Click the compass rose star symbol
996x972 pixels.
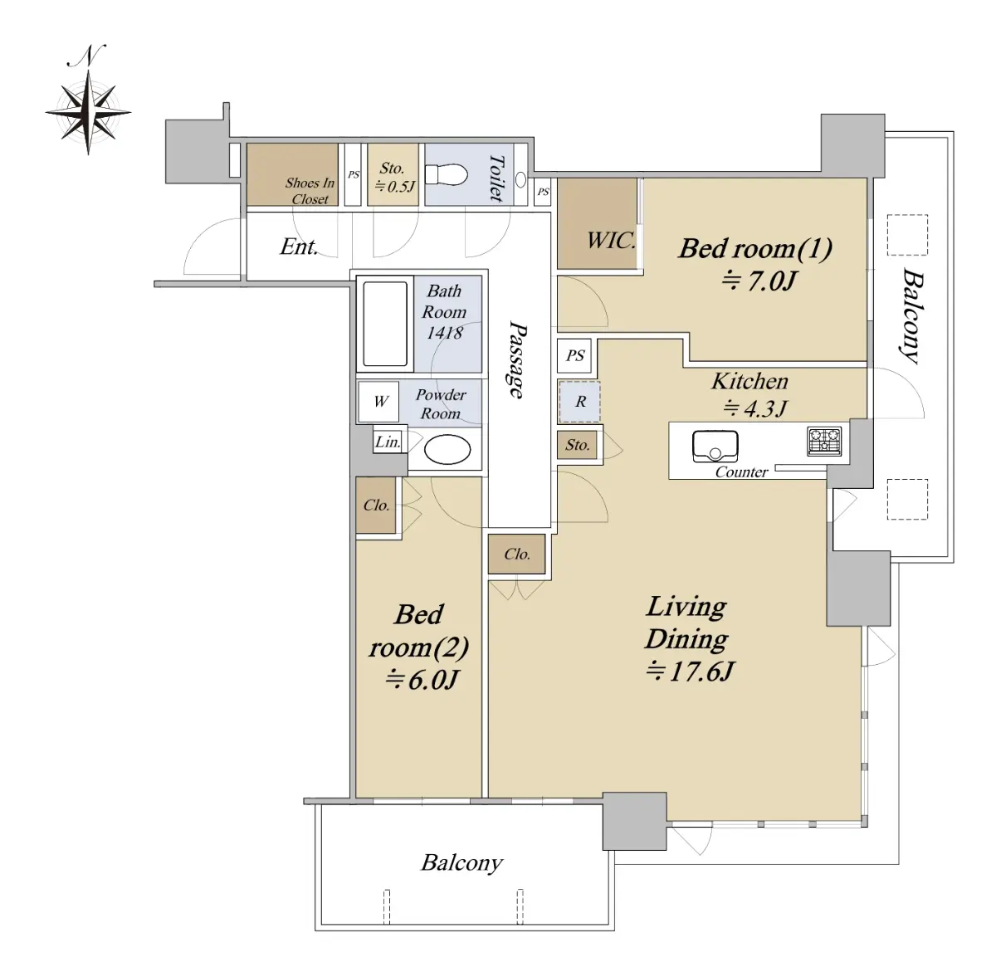[88, 112]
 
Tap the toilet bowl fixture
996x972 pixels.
[447, 175]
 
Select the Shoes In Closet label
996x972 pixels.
[310, 190]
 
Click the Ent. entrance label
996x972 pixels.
[299, 247]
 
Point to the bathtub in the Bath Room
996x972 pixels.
[385, 324]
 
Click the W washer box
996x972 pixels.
[378, 401]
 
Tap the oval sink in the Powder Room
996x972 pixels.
[448, 449]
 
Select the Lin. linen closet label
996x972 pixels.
[388, 442]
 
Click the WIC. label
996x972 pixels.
[611, 241]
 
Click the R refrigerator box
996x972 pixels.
[579, 402]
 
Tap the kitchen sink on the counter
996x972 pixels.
[715, 447]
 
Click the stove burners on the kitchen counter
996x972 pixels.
[824, 442]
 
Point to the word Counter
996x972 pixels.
[742, 472]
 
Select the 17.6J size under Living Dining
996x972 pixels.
[690, 672]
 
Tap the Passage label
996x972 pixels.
[517, 359]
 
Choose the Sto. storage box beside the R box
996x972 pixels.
[578, 445]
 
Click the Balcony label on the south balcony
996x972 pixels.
[461, 863]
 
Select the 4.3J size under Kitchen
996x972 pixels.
[754, 408]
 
